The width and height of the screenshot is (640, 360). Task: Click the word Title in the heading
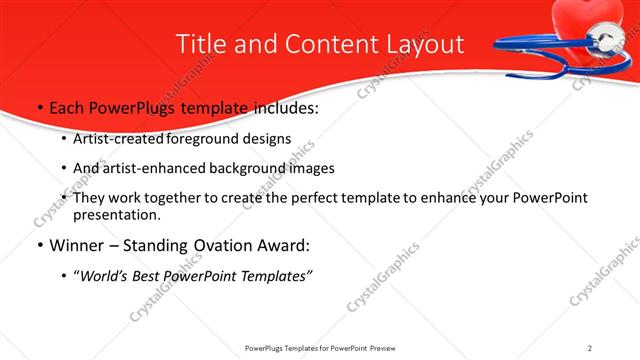pos(200,44)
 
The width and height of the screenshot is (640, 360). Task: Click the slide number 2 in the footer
pos(589,348)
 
